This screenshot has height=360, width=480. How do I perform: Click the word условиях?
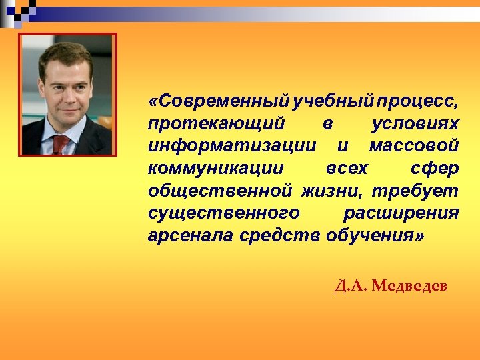click(415, 124)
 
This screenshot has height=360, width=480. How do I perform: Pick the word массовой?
click(413, 146)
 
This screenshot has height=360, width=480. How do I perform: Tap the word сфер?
click(435, 169)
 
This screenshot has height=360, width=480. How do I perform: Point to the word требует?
click(415, 191)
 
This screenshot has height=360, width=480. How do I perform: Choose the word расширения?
click(401, 213)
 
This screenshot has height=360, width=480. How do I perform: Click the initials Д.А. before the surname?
click(351, 287)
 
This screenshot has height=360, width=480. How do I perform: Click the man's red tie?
click(61, 143)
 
